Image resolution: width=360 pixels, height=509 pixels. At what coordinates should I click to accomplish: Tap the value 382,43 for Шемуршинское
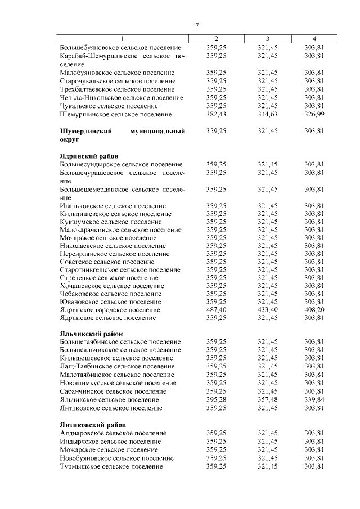click(x=217, y=115)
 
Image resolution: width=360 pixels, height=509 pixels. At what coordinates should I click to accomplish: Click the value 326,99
click(x=314, y=115)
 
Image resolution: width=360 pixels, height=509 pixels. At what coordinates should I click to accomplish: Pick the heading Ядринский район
click(x=89, y=156)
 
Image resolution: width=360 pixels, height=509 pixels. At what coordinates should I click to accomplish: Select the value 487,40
click(x=217, y=310)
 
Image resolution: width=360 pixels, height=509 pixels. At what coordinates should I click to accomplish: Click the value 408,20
click(x=314, y=310)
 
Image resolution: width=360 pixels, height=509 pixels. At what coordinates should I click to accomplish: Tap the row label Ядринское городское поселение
click(x=110, y=310)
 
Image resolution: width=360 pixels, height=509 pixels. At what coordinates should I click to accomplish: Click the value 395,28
click(x=217, y=399)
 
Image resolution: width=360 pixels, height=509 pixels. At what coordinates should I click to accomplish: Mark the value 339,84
click(x=314, y=399)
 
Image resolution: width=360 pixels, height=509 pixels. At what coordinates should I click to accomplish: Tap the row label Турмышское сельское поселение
click(x=111, y=466)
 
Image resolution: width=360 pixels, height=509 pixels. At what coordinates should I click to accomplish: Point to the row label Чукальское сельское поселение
click(x=109, y=106)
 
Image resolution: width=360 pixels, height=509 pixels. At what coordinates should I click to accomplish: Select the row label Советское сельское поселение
click(x=107, y=262)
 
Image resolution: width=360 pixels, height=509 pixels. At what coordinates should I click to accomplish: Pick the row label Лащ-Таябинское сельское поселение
click(x=116, y=366)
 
